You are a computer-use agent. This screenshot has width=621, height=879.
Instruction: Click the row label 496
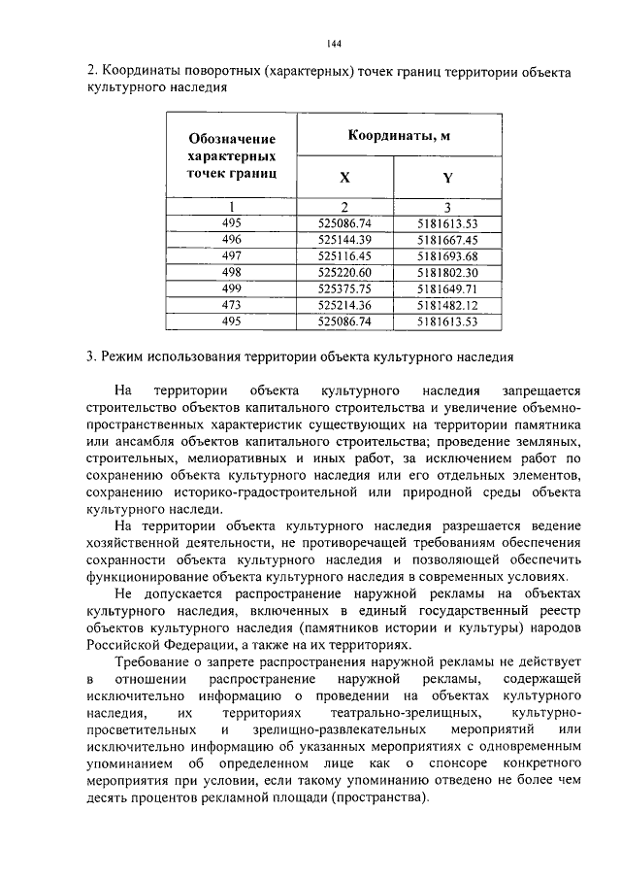point(231,239)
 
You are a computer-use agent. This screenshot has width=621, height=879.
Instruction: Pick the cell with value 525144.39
point(344,239)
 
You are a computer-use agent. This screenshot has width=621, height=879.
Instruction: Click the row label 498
point(231,272)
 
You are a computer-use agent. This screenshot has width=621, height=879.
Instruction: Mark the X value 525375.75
point(344,288)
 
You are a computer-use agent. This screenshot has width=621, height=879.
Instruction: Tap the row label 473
point(231,305)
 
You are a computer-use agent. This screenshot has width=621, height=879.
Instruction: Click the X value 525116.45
point(344,255)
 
